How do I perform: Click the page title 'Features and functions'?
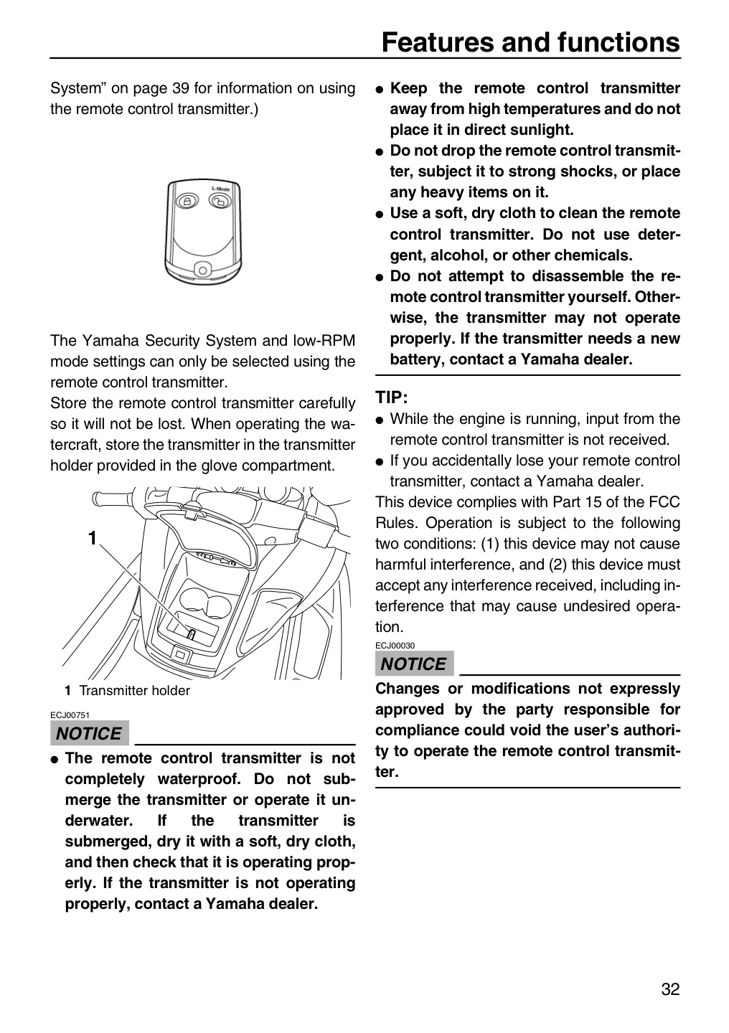click(x=530, y=42)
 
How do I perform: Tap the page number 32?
click(x=670, y=989)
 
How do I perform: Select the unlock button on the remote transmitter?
click(x=220, y=201)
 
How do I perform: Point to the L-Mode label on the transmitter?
click(x=220, y=189)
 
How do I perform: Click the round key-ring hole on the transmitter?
click(x=202, y=269)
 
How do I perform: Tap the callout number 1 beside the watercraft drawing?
click(x=93, y=538)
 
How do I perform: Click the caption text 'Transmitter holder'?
click(x=134, y=691)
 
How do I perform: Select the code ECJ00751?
click(x=70, y=715)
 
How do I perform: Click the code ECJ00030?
click(x=395, y=646)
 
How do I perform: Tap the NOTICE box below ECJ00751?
click(x=90, y=734)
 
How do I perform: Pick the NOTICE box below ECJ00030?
click(x=414, y=664)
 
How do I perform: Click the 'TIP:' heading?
click(x=391, y=397)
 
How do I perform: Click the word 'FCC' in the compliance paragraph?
click(x=664, y=501)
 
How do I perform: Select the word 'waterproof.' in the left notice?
click(x=199, y=779)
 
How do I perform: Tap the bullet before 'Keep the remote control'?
click(x=380, y=89)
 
